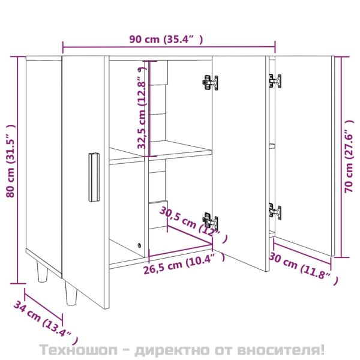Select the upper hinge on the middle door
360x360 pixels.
tap(209, 83)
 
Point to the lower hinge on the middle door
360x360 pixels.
tap(209, 222)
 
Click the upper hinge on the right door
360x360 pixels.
tap(275, 80)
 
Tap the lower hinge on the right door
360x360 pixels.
tap(274, 211)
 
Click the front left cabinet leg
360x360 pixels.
tap(70, 295)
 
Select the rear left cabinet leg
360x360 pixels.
tap(42, 272)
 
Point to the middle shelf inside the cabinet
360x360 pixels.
tap(161, 152)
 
